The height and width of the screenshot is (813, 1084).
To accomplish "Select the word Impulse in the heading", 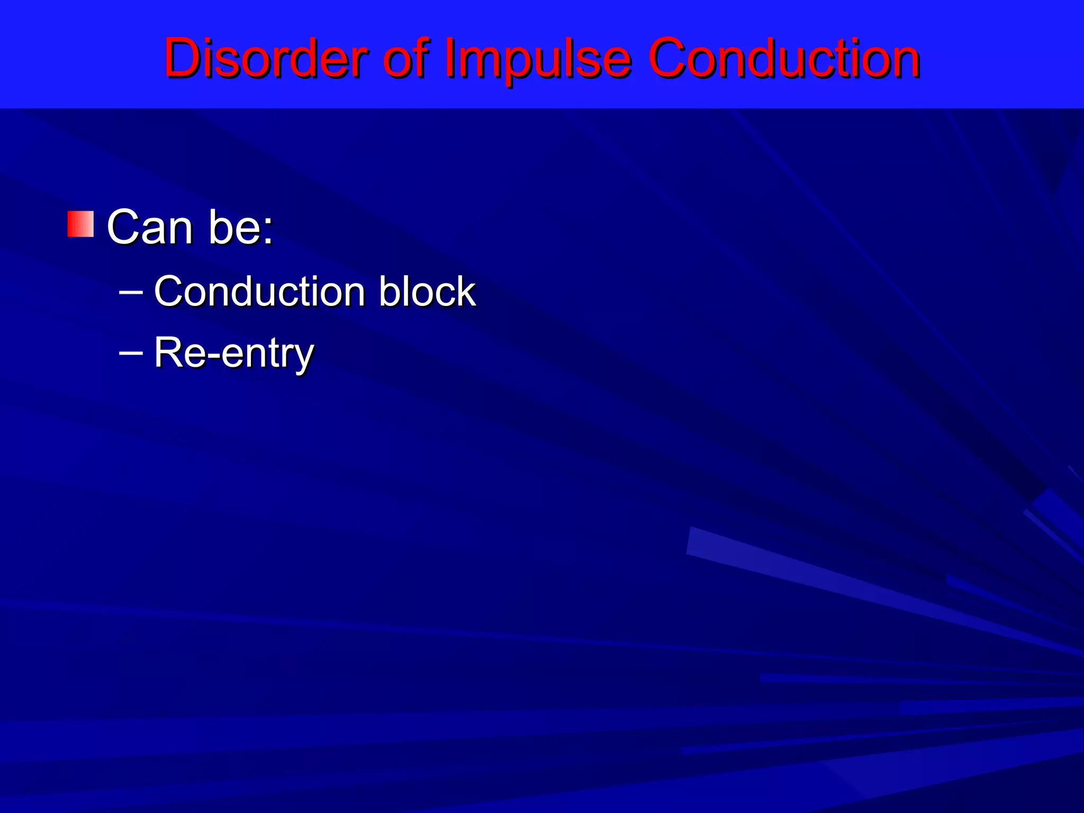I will coord(538,59).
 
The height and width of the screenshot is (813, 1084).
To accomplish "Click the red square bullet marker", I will coord(80,224).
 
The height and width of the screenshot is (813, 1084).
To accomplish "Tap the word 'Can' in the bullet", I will coord(150,228).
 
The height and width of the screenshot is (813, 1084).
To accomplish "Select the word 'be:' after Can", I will coord(241,228).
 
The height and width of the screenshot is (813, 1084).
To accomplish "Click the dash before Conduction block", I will coord(131,291).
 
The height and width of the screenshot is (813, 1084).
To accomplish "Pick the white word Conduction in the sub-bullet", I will coord(259,292).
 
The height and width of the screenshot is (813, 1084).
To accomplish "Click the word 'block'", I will coord(427,292).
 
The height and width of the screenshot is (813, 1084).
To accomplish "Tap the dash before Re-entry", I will coord(131,351).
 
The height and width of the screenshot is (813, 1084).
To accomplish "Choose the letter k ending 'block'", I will coord(466,292).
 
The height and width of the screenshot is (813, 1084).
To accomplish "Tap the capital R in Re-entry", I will coord(166,353).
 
